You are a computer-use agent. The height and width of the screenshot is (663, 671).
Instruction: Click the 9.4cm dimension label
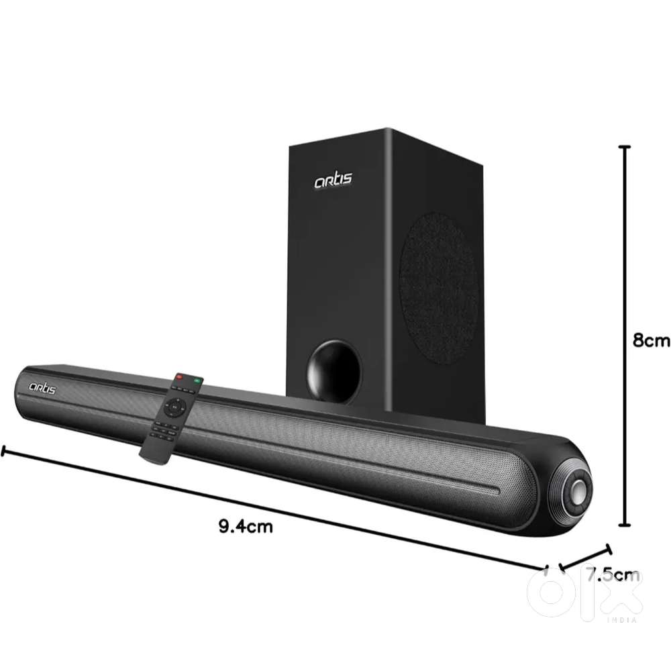[246, 526]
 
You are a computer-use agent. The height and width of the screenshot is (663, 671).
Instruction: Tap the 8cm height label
[651, 340]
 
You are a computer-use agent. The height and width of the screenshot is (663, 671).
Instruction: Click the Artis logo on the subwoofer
[333, 179]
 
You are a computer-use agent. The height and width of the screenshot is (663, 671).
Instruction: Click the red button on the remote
[178, 378]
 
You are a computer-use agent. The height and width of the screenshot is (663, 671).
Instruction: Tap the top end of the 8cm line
[626, 146]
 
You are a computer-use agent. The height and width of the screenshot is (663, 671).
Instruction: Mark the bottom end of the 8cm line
[626, 525]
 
